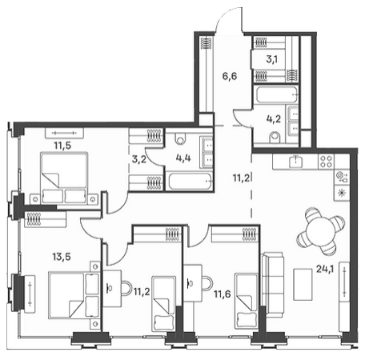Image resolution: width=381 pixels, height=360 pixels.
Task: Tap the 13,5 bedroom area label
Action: pyautogui.click(x=62, y=257)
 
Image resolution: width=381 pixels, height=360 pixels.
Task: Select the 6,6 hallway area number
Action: pyautogui.click(x=230, y=77)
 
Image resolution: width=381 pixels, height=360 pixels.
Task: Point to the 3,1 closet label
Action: pyautogui.click(x=271, y=59)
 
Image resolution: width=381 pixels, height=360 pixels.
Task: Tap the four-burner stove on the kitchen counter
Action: pyautogui.click(x=326, y=162)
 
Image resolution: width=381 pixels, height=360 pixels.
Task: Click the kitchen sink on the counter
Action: pyautogui.click(x=296, y=162)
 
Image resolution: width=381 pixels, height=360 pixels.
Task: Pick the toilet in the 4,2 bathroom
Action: pyautogui.click(x=275, y=138)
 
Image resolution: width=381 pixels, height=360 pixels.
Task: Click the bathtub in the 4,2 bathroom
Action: pyautogui.click(x=276, y=94)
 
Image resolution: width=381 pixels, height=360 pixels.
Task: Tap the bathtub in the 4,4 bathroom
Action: pyautogui.click(x=190, y=182)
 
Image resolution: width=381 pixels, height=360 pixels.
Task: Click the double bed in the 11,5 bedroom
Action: pyautogui.click(x=64, y=178)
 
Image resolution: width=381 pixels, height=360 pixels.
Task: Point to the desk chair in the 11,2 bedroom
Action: pyautogui.click(x=126, y=288)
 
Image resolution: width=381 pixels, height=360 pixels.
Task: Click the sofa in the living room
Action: pyautogui.click(x=273, y=285)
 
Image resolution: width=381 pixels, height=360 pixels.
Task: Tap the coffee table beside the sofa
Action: pyautogui.click(x=303, y=285)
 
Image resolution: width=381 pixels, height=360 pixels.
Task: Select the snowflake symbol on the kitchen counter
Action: pyautogui.click(x=341, y=193)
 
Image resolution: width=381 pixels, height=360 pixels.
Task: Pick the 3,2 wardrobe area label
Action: pyautogui.click(x=138, y=159)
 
